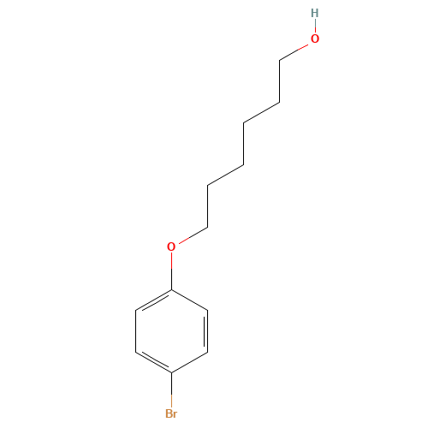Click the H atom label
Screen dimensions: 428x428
314,13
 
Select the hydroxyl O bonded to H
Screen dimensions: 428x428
314,39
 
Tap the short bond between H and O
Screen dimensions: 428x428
314,26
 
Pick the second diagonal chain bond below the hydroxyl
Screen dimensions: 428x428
261,112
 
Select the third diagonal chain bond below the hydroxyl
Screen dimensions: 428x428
226,175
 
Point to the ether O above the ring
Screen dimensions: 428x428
171,247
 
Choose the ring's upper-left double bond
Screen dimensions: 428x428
154,300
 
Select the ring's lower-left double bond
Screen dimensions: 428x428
154,362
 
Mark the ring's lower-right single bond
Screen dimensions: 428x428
190,362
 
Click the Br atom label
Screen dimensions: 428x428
171,413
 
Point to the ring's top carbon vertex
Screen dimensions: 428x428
172,289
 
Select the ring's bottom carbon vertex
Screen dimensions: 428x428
172,372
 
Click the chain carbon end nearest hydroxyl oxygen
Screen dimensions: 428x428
280,59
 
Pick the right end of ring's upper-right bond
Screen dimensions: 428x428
208,310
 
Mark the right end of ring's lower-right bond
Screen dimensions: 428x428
208,352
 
